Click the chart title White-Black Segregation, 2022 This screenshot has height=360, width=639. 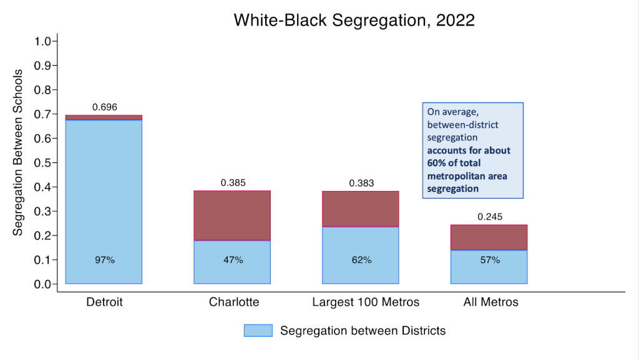[354, 20]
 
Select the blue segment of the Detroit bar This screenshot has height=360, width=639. [104, 200]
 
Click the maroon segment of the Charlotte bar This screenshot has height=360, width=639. [233, 215]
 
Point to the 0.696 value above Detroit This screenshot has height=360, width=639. [104, 107]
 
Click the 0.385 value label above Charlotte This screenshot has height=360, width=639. [233, 183]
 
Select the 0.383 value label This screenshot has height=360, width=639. [361, 183]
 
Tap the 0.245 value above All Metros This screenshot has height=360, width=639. [490, 217]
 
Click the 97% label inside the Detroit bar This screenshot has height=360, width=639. [104, 260]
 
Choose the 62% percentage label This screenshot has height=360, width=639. [361, 260]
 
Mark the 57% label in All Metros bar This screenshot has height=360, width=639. [490, 260]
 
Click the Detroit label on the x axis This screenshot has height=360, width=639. [104, 303]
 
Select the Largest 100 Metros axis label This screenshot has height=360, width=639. [366, 303]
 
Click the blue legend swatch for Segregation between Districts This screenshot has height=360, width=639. [258, 331]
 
